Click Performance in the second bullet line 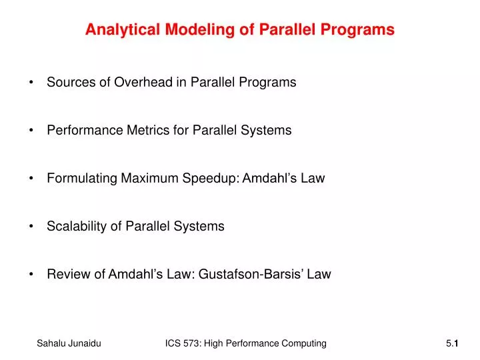pos(85,131)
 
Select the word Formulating pos(82,179)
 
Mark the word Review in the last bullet pos(66,274)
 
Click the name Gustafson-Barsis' pos(254,274)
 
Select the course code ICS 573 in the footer pos(183,343)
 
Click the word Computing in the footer pos(303,343)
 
